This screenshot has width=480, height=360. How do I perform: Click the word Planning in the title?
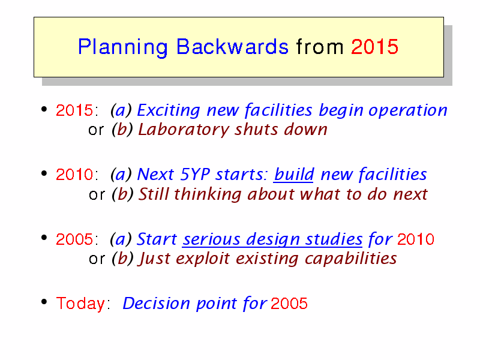123,47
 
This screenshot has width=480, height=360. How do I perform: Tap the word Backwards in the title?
232,47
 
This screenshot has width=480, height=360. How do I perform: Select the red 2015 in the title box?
374,47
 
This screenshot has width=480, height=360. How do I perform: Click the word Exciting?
169,110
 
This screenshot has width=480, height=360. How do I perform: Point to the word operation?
408,110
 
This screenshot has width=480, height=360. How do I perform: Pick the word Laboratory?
184,130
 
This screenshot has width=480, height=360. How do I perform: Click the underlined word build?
294,174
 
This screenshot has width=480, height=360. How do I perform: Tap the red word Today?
80,304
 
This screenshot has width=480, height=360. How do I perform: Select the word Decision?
156,304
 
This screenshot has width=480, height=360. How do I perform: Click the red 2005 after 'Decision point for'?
289,304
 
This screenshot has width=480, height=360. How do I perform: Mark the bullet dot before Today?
44,302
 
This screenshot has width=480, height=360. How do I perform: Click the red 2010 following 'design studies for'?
416,239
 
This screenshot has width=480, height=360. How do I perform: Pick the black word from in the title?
320,47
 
